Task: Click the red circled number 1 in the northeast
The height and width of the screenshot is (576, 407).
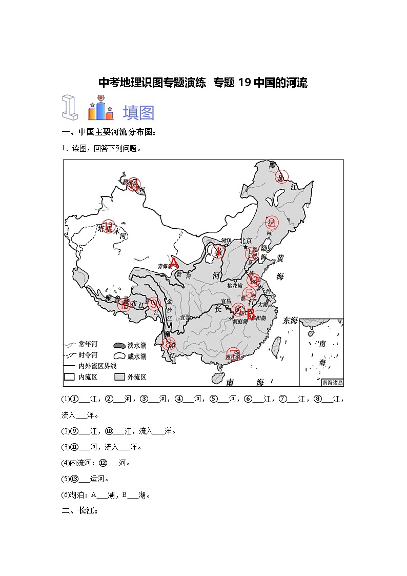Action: [281, 177]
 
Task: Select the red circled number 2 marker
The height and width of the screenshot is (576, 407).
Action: [271, 223]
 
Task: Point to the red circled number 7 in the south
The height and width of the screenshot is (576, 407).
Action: [233, 353]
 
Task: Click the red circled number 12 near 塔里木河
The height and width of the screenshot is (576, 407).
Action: [108, 226]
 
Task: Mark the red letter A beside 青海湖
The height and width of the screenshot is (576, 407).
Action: [174, 264]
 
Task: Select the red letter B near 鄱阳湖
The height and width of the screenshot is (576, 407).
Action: [251, 314]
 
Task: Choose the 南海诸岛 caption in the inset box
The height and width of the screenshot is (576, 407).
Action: [332, 382]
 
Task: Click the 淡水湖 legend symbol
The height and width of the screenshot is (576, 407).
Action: [119, 345]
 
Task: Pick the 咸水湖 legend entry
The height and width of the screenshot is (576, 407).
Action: [119, 356]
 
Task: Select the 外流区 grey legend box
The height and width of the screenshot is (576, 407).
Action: [119, 377]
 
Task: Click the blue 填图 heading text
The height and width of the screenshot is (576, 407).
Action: [138, 112]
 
